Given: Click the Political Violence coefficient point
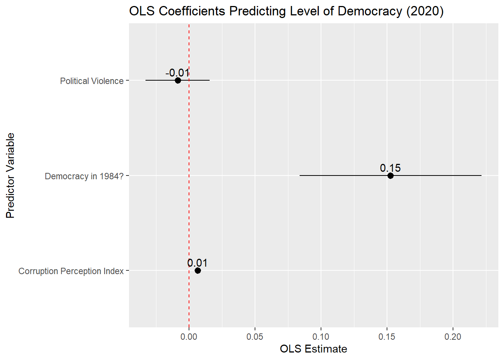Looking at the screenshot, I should (178, 81).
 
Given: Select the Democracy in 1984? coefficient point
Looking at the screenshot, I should (390, 175).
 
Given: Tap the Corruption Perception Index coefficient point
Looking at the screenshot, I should (198, 270).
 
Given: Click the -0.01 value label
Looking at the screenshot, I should (177, 73).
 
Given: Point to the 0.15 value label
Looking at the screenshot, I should (390, 168).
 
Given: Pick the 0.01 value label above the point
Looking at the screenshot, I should (198, 263).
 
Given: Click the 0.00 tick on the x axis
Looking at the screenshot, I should (189, 337).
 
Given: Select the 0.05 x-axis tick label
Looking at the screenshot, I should (255, 337).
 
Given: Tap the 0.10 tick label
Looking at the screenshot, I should (321, 337).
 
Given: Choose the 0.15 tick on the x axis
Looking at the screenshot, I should (387, 337).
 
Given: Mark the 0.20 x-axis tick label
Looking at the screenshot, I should (453, 337).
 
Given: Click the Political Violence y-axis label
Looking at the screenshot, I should (92, 81).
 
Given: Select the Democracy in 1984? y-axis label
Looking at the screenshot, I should (84, 176).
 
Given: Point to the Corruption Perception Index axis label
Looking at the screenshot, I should (71, 271).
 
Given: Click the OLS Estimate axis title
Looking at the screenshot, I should (313, 349).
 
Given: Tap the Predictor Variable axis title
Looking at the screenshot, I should (10, 175).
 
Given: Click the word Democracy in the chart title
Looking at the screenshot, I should (370, 11).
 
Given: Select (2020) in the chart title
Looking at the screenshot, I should (425, 11).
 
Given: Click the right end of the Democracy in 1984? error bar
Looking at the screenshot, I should (481, 175).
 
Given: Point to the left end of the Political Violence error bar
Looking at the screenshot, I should (146, 81).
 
